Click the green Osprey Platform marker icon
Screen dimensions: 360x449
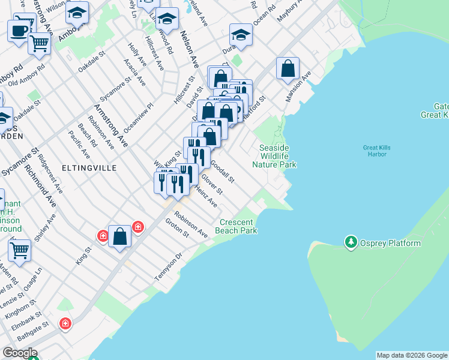pos(351,243)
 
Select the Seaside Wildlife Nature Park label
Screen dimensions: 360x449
pos(274,156)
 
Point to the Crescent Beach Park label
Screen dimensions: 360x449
pos(238,226)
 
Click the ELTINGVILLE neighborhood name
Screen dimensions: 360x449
pos(93,169)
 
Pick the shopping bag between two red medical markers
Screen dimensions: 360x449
pos(120,236)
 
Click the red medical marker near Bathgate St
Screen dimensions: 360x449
pos(65,324)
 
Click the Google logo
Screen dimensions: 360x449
pos(20,353)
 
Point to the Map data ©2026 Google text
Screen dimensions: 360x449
pos(412,355)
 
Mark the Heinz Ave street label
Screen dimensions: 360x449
pos(206,196)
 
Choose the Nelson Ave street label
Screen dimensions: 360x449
pos(190,50)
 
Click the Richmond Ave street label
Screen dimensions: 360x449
pos(40,186)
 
